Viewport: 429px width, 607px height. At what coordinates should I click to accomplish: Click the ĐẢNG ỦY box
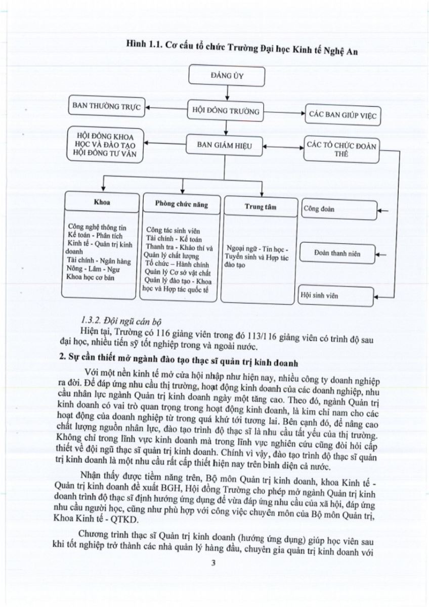(x=227, y=76)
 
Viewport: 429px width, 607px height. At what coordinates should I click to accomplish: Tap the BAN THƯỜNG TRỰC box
(x=106, y=106)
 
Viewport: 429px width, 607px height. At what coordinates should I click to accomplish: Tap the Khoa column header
(x=101, y=202)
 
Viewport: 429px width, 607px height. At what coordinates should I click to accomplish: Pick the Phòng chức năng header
(x=181, y=204)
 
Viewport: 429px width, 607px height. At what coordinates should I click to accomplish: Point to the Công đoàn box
(x=338, y=209)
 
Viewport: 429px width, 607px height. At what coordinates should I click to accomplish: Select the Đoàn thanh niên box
(x=338, y=253)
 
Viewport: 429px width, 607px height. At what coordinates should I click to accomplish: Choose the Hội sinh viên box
(x=337, y=295)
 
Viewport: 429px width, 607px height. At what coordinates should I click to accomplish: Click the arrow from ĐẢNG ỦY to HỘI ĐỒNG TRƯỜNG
(x=227, y=92)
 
